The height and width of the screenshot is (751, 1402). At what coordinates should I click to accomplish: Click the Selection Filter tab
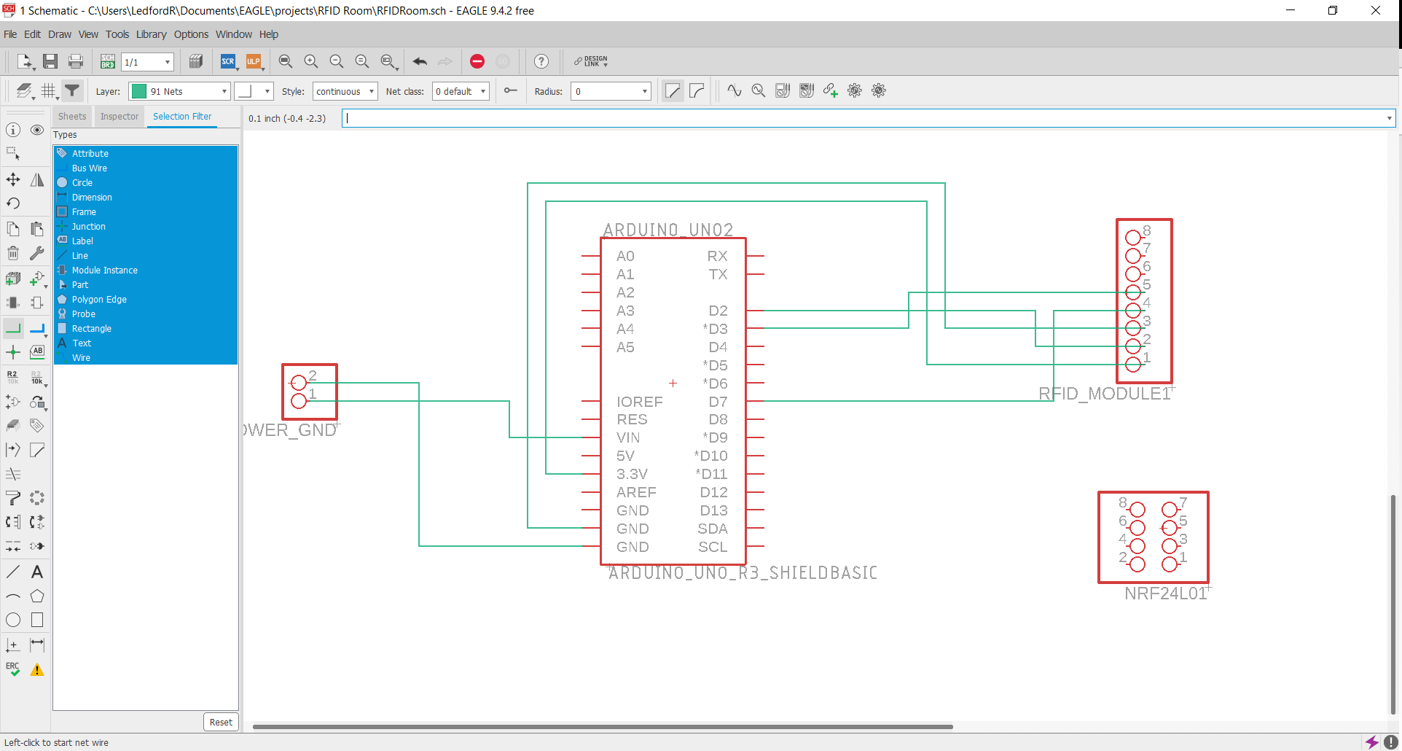click(182, 117)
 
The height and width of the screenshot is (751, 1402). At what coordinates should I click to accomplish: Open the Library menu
click(151, 34)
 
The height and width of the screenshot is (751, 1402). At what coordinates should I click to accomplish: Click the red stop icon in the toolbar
click(477, 62)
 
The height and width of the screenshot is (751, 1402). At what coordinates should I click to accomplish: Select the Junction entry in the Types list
click(88, 227)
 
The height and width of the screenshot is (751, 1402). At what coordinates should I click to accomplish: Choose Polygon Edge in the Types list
click(99, 300)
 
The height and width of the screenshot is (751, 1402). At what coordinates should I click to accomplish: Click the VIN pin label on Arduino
click(628, 437)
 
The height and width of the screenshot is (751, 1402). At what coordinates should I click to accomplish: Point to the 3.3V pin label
click(632, 474)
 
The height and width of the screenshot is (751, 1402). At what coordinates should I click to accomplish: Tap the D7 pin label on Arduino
click(718, 402)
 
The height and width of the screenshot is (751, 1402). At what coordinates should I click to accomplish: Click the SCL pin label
click(712, 547)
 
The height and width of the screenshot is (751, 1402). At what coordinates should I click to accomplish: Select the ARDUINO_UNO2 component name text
click(667, 230)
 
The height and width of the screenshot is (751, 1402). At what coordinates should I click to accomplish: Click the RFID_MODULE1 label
click(1104, 394)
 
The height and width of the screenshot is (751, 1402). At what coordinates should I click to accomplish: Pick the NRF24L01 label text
click(1165, 594)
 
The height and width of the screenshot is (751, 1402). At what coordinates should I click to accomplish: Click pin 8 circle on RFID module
click(1132, 238)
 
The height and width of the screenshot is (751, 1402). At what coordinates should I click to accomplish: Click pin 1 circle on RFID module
click(1132, 365)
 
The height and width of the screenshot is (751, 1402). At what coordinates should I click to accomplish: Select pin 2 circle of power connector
click(299, 383)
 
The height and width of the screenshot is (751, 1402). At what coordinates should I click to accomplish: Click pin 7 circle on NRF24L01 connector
click(1170, 510)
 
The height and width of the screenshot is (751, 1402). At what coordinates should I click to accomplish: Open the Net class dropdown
click(461, 91)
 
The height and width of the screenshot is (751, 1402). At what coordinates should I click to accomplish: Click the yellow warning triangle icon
click(36, 670)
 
